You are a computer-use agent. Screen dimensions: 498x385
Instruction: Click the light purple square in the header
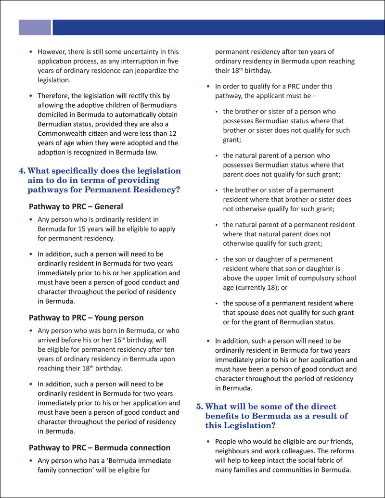point(35,27)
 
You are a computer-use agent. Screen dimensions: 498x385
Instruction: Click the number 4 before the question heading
point(21,171)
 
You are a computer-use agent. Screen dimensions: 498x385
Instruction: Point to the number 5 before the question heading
point(199,407)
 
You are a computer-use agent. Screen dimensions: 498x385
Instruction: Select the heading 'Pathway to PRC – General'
point(76,207)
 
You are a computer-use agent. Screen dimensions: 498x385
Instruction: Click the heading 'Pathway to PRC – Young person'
point(86,318)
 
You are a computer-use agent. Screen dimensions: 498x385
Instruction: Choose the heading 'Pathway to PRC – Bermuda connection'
point(99,448)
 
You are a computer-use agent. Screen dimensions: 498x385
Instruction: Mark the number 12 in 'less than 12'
point(173,133)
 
